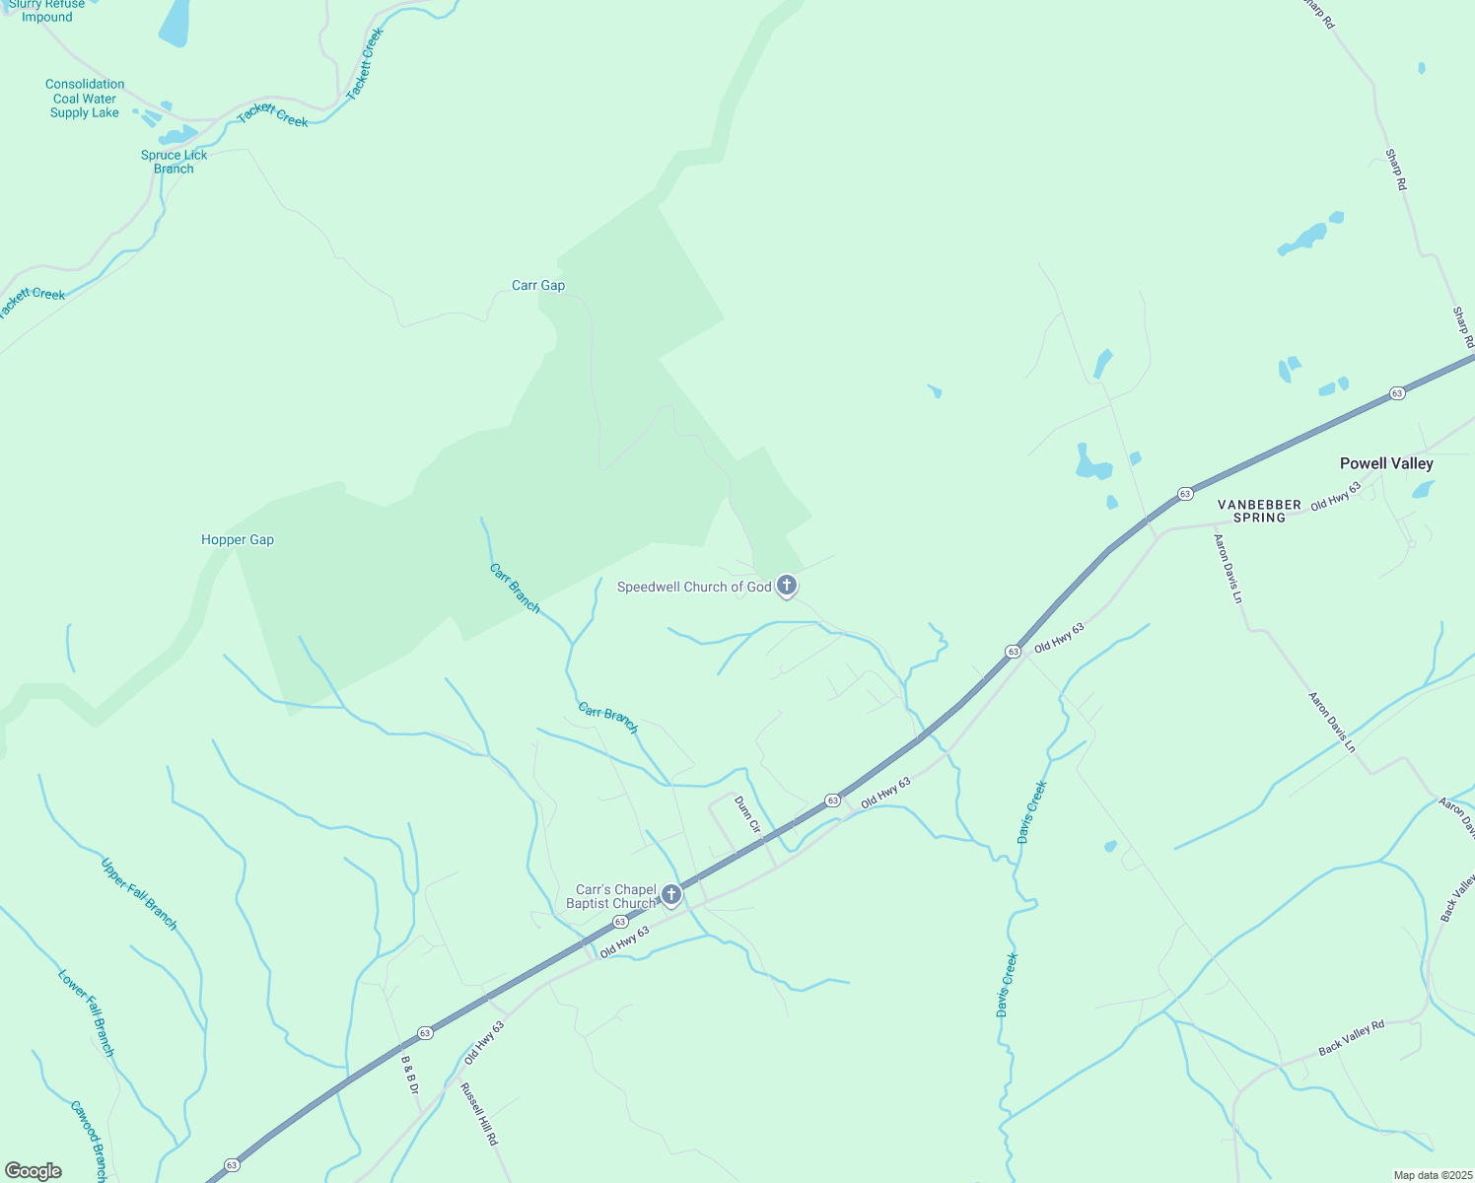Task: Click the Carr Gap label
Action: click(x=538, y=286)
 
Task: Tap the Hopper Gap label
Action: click(x=238, y=540)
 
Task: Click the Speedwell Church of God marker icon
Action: click(x=787, y=587)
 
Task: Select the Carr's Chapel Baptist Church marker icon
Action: click(x=671, y=895)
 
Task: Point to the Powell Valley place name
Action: click(x=1386, y=463)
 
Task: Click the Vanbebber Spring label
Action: click(x=1259, y=511)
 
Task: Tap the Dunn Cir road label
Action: click(x=748, y=815)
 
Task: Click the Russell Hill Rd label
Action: click(x=479, y=1114)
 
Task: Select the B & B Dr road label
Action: click(x=410, y=1076)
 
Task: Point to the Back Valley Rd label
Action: click(x=1352, y=1038)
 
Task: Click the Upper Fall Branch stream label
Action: click(x=139, y=894)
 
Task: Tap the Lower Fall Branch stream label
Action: click(x=87, y=1013)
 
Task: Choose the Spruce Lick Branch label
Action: click(x=175, y=162)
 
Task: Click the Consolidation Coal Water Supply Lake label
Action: click(x=85, y=99)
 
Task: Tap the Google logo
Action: click(x=34, y=1171)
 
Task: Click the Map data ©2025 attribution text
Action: click(x=1432, y=1175)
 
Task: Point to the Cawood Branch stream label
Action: click(x=88, y=1141)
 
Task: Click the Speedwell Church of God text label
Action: click(x=694, y=588)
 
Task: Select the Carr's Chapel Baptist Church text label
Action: click(x=611, y=896)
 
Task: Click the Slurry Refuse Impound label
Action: click(x=47, y=11)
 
